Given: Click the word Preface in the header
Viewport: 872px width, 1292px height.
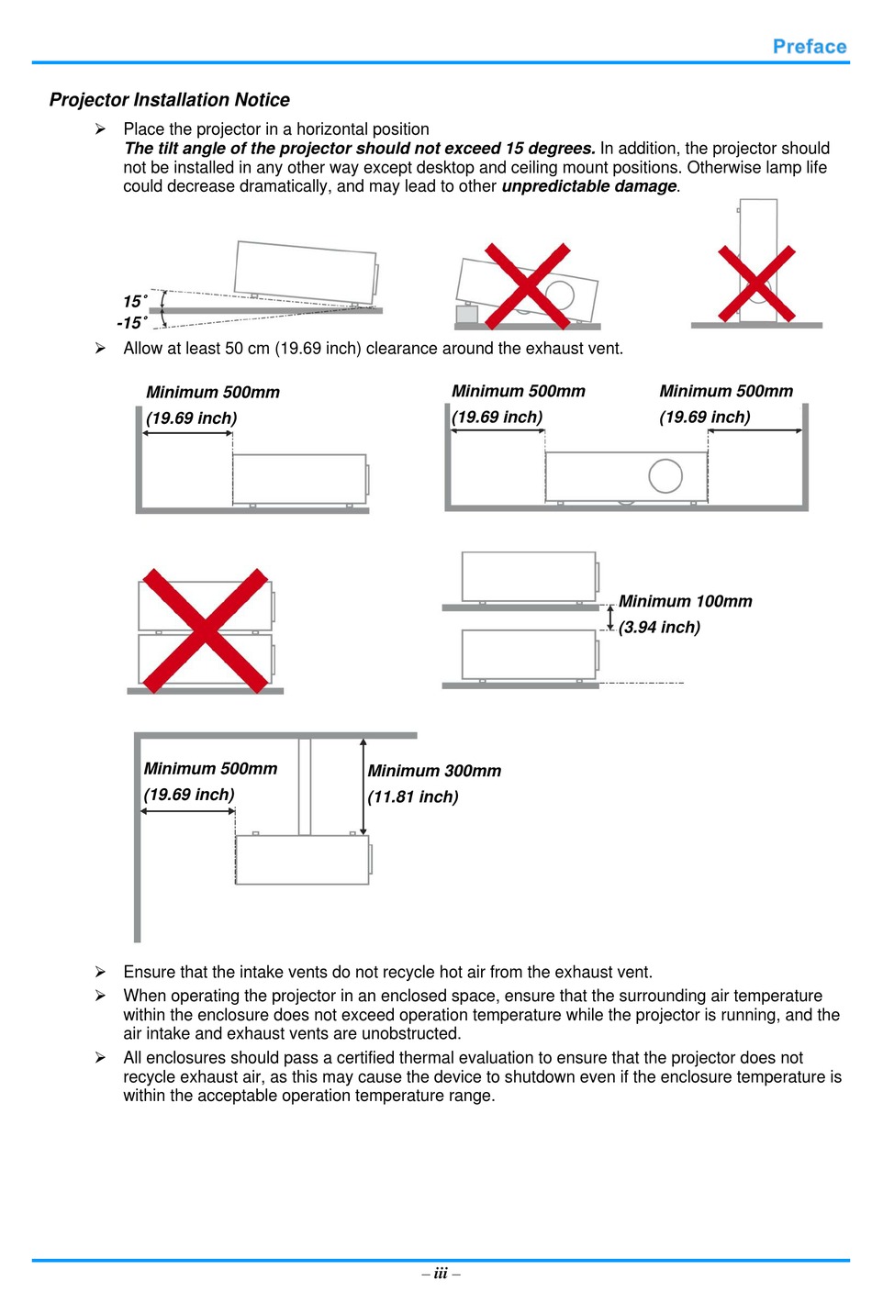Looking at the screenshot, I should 809,47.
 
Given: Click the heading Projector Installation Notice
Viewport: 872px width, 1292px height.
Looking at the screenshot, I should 169,100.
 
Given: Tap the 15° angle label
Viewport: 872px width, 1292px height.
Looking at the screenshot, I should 135,301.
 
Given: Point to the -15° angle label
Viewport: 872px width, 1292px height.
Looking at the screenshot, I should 132,323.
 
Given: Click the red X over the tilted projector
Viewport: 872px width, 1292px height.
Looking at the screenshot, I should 527,285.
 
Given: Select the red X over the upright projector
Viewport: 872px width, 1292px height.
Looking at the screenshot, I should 756,283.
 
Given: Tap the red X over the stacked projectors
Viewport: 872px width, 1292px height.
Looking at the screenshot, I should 205,629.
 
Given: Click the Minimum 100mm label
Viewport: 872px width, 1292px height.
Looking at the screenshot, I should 685,601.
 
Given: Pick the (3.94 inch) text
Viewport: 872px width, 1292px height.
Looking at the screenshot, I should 659,628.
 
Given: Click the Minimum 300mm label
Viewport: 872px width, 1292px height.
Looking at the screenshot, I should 434,771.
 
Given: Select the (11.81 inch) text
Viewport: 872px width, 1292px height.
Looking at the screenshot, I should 413,796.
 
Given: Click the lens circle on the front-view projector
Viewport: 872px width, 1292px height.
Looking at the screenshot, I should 665,475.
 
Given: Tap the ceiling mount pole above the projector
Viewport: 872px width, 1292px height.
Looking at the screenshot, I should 305,786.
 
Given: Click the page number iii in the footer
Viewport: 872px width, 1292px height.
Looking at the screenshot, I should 441,1273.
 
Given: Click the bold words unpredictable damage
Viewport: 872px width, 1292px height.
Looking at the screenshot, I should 589,186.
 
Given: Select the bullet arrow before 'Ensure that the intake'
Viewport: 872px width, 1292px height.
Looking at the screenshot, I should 100,972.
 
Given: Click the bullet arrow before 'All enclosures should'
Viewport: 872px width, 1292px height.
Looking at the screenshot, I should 100,1058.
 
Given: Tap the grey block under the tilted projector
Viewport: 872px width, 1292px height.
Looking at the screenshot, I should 466,315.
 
